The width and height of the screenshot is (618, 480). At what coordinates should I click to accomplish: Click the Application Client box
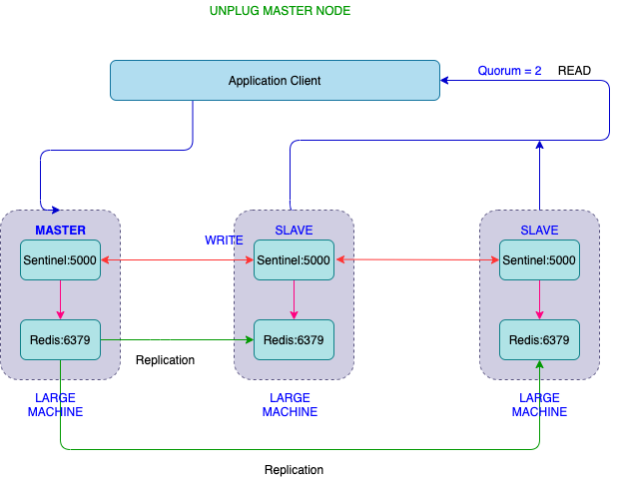[275, 81]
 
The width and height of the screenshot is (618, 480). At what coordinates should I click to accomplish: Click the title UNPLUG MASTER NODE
[280, 11]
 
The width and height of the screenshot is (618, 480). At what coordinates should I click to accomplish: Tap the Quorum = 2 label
[509, 71]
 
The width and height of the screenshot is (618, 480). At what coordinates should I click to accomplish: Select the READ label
[574, 71]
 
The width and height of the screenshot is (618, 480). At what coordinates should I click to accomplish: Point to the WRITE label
[224, 240]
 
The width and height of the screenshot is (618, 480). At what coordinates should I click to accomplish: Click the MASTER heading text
[60, 231]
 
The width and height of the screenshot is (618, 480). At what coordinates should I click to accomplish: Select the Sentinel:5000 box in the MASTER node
[61, 260]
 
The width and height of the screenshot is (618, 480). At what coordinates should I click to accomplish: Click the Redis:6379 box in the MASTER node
[61, 339]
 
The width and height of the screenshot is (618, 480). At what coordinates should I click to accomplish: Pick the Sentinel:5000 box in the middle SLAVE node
[294, 260]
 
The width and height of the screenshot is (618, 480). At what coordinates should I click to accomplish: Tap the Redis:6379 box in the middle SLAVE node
[294, 340]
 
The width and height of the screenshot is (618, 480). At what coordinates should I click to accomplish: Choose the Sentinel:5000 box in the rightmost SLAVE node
[539, 260]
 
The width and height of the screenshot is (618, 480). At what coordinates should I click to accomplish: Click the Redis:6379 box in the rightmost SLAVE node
[539, 340]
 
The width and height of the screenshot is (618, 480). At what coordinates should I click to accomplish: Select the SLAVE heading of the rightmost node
[540, 231]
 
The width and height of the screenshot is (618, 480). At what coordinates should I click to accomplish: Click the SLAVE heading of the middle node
[294, 231]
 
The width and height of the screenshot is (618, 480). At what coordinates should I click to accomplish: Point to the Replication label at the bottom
[294, 469]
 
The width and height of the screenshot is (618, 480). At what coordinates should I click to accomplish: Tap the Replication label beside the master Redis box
[165, 360]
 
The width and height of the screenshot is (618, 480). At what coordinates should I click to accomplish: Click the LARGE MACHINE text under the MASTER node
[55, 404]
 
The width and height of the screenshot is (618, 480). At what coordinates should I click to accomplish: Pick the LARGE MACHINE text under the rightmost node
[539, 404]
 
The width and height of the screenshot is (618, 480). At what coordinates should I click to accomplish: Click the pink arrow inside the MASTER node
[61, 299]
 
